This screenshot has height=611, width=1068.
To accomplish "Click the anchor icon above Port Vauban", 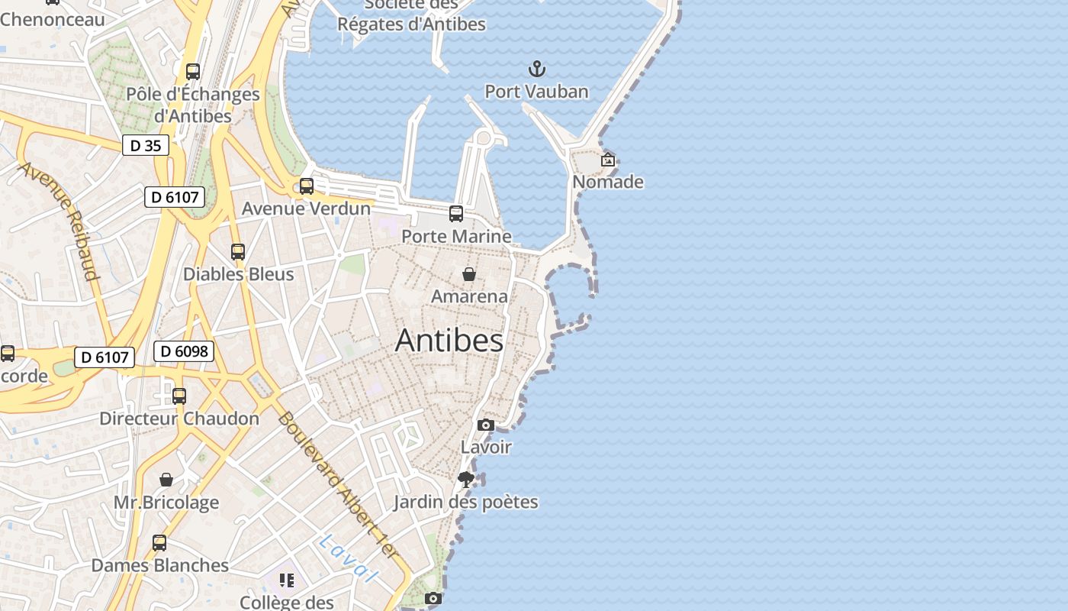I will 538,69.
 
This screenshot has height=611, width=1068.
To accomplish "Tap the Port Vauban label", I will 536,92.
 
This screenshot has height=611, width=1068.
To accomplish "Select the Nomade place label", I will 608,182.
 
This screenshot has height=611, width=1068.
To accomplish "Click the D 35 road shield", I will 146,145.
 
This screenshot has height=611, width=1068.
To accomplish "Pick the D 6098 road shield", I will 184,351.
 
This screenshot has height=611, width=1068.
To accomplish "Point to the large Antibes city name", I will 449,341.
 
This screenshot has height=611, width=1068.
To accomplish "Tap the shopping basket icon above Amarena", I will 469,273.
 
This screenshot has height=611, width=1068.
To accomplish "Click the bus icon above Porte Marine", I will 456,214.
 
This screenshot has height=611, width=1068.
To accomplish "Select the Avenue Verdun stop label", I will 306,209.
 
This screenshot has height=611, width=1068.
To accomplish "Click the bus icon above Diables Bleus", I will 238,251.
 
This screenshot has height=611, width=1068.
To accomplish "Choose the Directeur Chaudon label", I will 179,419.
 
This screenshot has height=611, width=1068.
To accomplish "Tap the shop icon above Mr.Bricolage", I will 166,480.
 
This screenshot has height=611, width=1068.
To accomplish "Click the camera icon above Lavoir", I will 486,425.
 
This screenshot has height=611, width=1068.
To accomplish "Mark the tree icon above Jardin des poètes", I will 466,480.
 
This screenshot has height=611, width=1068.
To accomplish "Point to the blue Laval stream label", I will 347,558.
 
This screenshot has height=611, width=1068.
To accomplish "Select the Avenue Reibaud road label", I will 60,221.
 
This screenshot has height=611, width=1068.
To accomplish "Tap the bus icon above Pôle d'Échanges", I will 193,72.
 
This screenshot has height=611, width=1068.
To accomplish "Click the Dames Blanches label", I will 159,565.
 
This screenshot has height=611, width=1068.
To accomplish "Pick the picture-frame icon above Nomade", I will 608,160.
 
